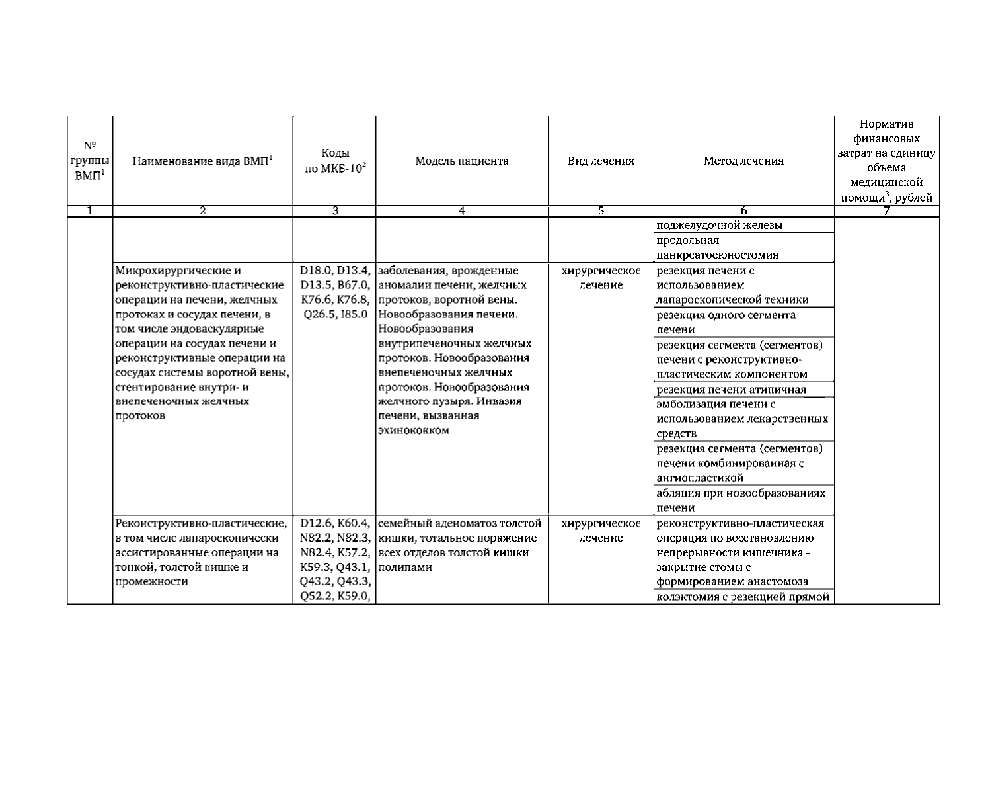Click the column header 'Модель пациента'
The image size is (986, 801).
(x=461, y=161)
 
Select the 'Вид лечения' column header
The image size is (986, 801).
(x=601, y=161)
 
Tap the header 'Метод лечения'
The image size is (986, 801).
(x=743, y=161)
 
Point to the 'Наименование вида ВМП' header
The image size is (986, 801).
(x=202, y=161)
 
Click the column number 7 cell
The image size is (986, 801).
(x=886, y=211)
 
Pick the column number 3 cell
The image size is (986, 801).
(x=334, y=211)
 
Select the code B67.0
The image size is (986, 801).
(x=354, y=285)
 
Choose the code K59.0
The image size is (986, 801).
(x=354, y=596)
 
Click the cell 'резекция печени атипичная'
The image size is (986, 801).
(x=731, y=390)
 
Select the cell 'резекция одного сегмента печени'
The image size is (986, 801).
(x=726, y=322)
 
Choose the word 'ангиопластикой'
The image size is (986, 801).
(x=700, y=478)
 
